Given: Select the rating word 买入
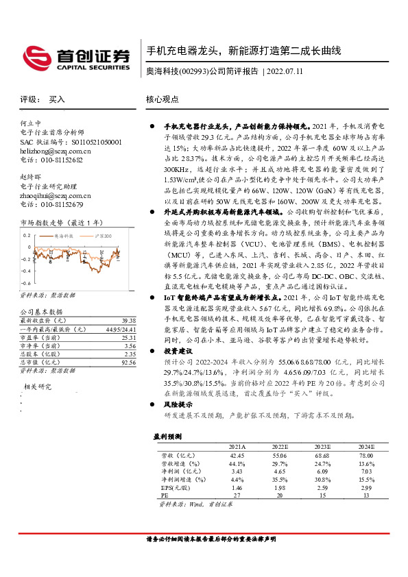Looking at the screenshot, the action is coord(57,99).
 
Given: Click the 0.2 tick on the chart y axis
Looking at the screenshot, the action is coord(26,235).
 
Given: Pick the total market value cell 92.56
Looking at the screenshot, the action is coord(127,361).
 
